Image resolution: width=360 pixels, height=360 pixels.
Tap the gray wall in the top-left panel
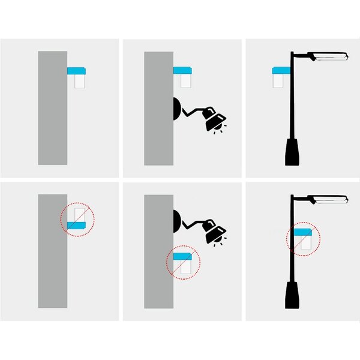point(53,108)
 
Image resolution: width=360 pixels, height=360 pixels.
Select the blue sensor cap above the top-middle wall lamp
point(182,71)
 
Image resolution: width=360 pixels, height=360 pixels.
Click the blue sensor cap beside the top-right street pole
point(280,71)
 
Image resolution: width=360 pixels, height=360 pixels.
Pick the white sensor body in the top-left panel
point(79,82)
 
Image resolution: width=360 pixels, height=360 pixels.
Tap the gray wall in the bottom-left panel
point(53,252)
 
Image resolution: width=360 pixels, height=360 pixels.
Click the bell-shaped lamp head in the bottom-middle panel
point(214,232)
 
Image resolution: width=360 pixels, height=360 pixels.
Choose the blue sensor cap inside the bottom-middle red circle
point(182,256)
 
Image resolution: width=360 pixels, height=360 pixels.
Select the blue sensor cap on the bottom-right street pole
point(302,232)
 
